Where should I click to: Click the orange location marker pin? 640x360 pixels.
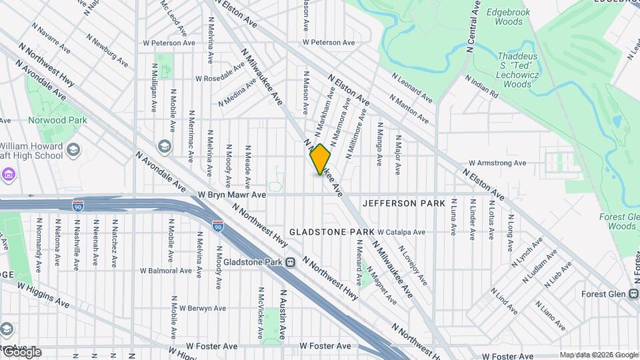point(321,159)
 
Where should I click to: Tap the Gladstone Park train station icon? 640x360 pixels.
point(290,262)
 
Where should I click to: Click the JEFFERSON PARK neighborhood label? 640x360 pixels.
point(399,203)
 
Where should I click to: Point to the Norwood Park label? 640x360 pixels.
point(57,120)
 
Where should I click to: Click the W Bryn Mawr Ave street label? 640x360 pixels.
point(232,195)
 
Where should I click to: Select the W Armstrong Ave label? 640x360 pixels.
point(497,163)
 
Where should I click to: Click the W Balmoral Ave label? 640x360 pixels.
point(167,271)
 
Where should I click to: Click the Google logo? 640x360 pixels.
point(22,352)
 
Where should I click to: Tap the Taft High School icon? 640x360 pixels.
point(73,148)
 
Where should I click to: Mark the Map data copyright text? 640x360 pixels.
point(598,355)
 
